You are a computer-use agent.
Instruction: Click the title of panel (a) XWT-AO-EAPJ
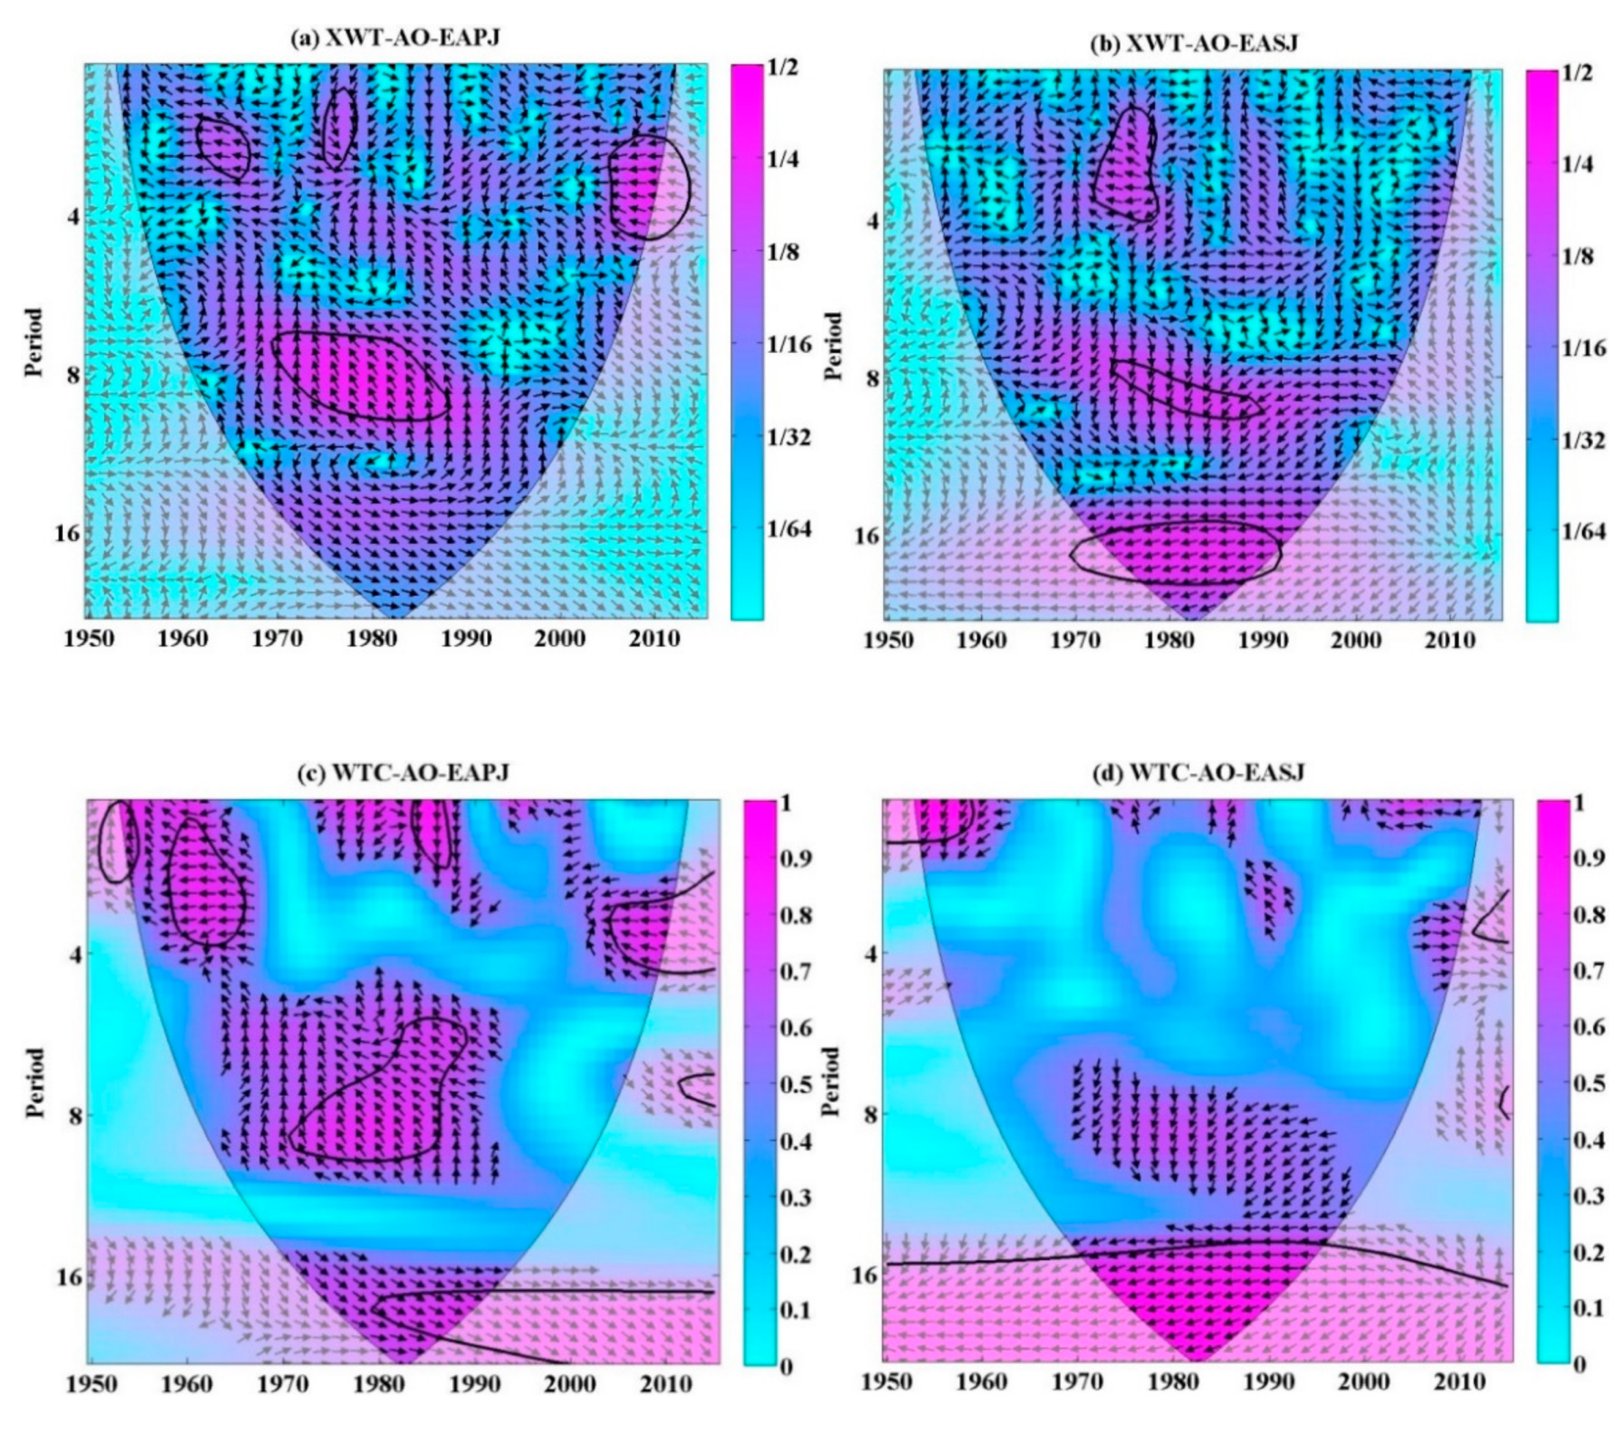click(395, 38)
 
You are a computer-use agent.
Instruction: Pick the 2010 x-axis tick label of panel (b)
click(1450, 640)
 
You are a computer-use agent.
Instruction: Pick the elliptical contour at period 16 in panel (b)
click(1176, 550)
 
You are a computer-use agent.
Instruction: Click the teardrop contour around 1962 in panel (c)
click(206, 884)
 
